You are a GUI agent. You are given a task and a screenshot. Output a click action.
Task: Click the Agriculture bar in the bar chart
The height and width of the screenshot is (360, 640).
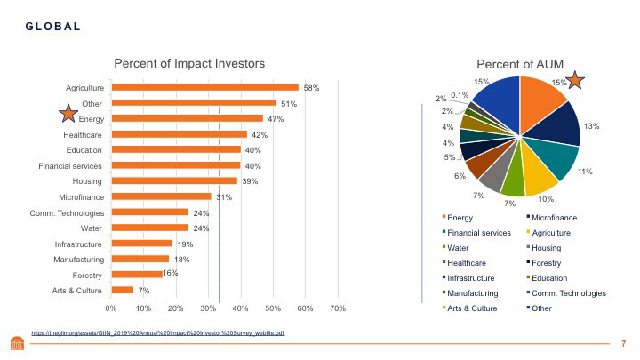(204, 87)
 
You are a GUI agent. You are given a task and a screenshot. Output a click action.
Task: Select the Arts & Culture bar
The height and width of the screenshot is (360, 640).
(122, 290)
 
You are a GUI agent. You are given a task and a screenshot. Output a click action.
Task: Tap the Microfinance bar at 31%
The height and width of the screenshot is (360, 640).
(161, 196)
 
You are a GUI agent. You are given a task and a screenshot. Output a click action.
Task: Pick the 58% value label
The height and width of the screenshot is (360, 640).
(311, 88)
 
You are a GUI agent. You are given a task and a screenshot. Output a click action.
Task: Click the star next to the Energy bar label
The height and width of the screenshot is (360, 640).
(68, 113)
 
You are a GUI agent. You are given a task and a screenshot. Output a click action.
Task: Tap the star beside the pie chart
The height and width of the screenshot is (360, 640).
(575, 81)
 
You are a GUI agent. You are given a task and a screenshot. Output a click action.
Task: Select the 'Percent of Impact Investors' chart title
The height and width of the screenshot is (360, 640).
(189, 63)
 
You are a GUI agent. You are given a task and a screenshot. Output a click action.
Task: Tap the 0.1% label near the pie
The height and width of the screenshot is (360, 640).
(460, 95)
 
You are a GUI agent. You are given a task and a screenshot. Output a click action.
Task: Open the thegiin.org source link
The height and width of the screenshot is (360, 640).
(158, 332)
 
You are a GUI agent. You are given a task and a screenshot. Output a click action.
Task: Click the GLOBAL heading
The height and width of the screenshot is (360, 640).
(52, 26)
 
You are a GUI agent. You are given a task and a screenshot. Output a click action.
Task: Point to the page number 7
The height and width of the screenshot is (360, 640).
(624, 343)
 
